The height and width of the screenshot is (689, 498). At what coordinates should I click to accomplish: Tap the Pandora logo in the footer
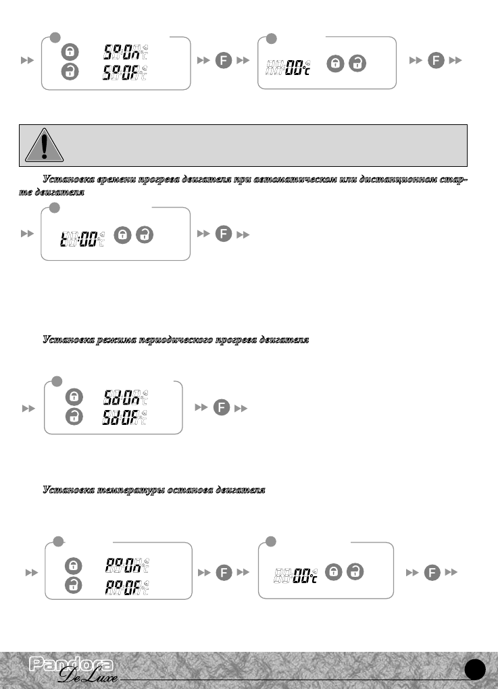point(71,665)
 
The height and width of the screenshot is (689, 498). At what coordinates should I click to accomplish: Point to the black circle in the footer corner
point(476,669)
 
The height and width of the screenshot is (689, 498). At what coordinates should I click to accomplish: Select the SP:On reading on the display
point(126,51)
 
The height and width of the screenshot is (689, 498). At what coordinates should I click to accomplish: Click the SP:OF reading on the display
point(126,72)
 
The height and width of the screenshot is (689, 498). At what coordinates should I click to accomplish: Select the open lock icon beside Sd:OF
point(74,417)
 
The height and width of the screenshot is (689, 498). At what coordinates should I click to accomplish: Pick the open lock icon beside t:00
point(145,235)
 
